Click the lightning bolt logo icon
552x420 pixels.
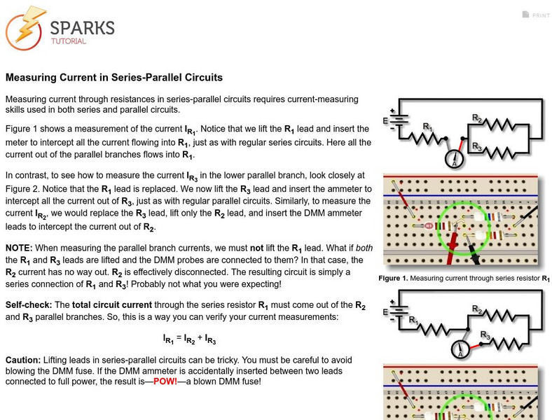pyautogui.click(x=25, y=28)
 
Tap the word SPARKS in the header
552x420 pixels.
pyautogui.click(x=82, y=28)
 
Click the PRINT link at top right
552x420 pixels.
pyautogui.click(x=540, y=15)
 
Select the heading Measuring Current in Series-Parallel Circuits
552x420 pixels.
pyautogui.click(x=114, y=78)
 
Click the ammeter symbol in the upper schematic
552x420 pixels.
pyautogui.click(x=455, y=160)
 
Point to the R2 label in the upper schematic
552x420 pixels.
pyautogui.click(x=476, y=119)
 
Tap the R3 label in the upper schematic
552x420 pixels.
pyautogui.click(x=477, y=147)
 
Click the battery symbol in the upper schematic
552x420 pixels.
pyautogui.click(x=399, y=120)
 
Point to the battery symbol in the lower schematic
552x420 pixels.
pyautogui.click(x=399, y=311)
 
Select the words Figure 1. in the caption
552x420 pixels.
pyautogui.click(x=393, y=278)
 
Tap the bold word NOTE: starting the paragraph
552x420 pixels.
pyautogui.click(x=20, y=248)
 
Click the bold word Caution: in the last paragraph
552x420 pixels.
pyautogui.click(x=24, y=360)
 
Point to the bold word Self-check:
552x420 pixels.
pyautogui.click(x=28, y=306)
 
